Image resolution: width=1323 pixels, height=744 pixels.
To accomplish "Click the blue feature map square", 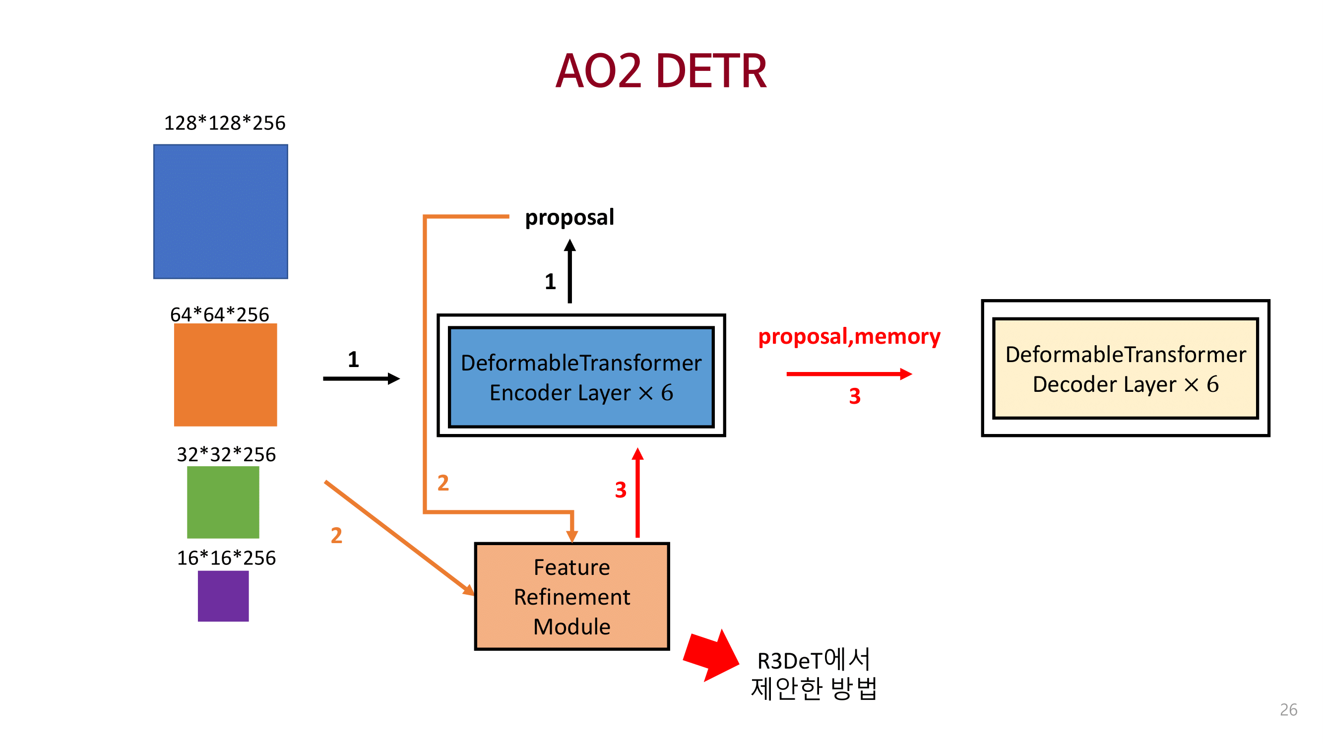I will pyautogui.click(x=220, y=212).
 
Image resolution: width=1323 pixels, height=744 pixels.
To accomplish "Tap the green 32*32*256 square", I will pyautogui.click(x=223, y=501).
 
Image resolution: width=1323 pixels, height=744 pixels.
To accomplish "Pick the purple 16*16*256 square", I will pyautogui.click(x=223, y=596).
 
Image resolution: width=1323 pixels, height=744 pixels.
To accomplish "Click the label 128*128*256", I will pyautogui.click(x=224, y=123).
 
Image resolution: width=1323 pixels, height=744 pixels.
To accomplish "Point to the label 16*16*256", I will pyautogui.click(x=226, y=558).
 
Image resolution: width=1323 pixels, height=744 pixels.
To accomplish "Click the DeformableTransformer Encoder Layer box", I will pyautogui.click(x=581, y=377).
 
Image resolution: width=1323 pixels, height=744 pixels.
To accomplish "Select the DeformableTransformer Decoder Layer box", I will pyautogui.click(x=1125, y=368).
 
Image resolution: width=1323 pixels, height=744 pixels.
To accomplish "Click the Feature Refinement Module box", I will pyautogui.click(x=571, y=596).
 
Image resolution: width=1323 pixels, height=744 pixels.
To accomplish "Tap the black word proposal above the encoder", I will pyautogui.click(x=569, y=217).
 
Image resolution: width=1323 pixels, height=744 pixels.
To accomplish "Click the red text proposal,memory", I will pyautogui.click(x=849, y=336).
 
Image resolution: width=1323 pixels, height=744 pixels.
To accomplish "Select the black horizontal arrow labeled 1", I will pyautogui.click(x=361, y=378).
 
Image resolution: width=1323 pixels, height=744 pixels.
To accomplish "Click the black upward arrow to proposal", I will pyautogui.click(x=569, y=272).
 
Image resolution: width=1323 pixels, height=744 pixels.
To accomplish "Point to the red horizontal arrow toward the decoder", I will pyautogui.click(x=848, y=374).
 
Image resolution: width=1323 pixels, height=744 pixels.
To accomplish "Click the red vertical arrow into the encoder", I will pyautogui.click(x=637, y=493).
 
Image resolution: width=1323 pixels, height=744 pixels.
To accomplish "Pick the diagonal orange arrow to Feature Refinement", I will pyautogui.click(x=398, y=538).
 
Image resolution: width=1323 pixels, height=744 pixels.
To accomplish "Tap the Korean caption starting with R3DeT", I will pyautogui.click(x=814, y=674).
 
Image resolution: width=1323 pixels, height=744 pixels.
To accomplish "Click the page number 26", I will pyautogui.click(x=1288, y=709).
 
